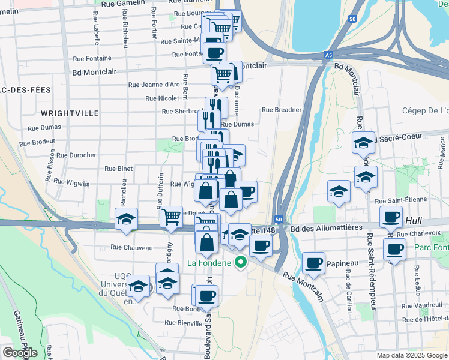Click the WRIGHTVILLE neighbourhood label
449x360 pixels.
(65, 113)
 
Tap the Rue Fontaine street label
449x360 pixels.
(92, 58)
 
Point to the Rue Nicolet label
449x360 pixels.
(162, 98)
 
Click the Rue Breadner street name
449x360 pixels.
(281, 110)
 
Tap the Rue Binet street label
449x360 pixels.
(119, 169)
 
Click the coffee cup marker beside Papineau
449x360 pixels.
(314, 262)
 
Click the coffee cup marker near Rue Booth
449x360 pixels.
(207, 295)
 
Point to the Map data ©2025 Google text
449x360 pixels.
(412, 355)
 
